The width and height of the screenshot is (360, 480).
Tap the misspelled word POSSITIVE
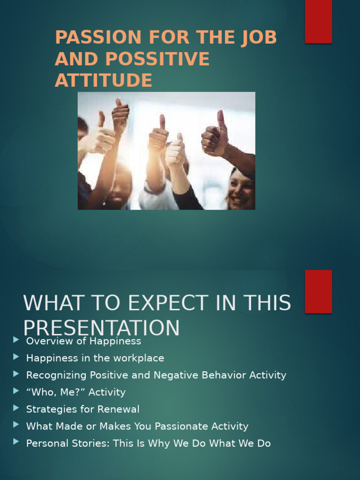(x=157, y=59)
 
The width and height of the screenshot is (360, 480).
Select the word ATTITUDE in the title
(x=103, y=80)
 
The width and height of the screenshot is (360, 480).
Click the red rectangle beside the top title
(x=318, y=22)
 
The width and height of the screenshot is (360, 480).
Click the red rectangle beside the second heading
(x=318, y=291)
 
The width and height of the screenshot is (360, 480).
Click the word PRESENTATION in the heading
(x=101, y=328)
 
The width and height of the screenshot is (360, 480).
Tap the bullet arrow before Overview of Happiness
(x=16, y=340)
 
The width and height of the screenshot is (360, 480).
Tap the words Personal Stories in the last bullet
(x=68, y=443)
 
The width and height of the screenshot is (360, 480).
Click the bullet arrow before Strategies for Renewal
(x=16, y=408)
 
